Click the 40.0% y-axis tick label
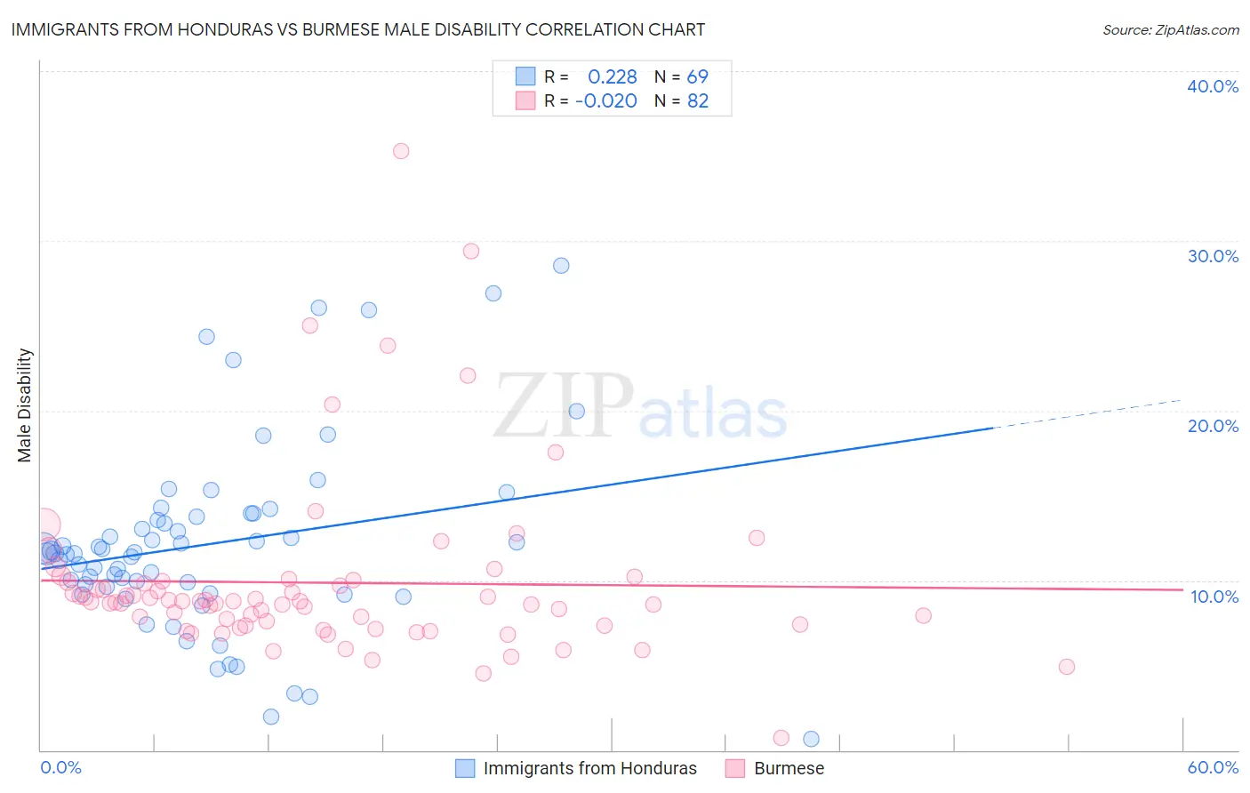point(1213,86)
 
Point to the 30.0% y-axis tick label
point(1213,256)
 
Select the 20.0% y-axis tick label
point(1213,426)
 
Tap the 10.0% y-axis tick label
point(1214,597)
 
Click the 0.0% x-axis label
point(60,767)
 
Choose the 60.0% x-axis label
point(1213,767)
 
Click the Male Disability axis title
point(25,405)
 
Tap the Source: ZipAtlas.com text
point(1170,29)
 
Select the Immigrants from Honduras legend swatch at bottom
point(465,768)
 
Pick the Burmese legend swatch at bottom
point(734,768)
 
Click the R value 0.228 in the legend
point(612,77)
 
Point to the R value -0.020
point(605,101)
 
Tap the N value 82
point(698,101)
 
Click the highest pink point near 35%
point(401,151)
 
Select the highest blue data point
point(561,266)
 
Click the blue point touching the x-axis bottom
point(811,739)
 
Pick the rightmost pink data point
point(1067,667)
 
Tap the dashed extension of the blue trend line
point(1085,414)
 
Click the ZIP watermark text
point(564,407)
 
